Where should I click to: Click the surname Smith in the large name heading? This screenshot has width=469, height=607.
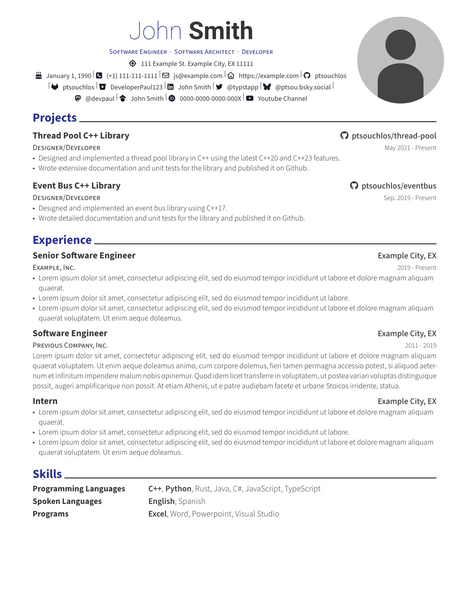point(221,31)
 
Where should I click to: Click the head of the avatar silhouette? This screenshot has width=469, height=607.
point(400,45)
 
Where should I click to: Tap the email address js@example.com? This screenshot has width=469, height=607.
point(198,76)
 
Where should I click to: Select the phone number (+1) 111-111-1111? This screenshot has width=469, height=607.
point(132,76)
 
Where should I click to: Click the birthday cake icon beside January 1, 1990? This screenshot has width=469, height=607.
point(39,75)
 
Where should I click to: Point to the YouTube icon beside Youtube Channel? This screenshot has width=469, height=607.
point(250,98)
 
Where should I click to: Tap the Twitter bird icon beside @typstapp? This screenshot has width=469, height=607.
point(219,87)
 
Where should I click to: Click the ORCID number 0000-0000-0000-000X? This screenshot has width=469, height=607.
point(210,98)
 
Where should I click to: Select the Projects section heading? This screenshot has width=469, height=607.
point(55,118)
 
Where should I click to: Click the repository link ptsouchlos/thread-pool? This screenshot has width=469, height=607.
point(394,136)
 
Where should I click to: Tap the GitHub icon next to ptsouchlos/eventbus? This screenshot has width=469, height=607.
point(354,186)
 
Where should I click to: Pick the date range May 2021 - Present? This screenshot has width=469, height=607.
point(410,148)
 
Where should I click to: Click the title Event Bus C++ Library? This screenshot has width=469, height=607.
point(77,186)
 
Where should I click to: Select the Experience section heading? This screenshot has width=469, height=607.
point(62,240)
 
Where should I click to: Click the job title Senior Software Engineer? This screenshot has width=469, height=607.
point(84,256)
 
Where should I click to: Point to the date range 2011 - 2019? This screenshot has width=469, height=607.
point(420,346)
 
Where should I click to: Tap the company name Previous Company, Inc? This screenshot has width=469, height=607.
point(70,346)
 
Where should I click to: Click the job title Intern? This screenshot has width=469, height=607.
point(45,401)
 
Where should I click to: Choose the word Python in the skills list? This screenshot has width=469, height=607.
point(178,489)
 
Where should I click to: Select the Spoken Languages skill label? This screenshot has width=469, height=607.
point(67,501)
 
